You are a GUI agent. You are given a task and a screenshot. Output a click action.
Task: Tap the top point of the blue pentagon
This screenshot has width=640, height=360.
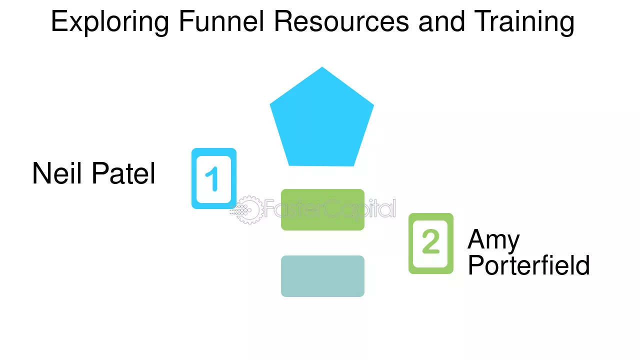coord(322,68)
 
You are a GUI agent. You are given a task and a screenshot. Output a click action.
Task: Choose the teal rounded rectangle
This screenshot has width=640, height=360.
coord(322,276)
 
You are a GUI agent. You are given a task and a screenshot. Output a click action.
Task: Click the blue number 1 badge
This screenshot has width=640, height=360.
coord(214,178)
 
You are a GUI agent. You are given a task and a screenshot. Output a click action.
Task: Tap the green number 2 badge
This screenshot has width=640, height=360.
coord(431,243)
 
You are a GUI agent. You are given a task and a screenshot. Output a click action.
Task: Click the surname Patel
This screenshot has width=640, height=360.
coord(124,173)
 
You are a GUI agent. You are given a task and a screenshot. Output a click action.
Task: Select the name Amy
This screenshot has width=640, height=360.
coord(493,240)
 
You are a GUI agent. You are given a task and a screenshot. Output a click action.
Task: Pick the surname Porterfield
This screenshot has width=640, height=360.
coord(528,265)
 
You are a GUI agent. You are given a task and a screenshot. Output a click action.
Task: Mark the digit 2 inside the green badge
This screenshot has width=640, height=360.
coord(431,242)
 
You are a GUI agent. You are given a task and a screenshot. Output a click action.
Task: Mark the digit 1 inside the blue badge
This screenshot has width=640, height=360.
coord(213,179)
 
